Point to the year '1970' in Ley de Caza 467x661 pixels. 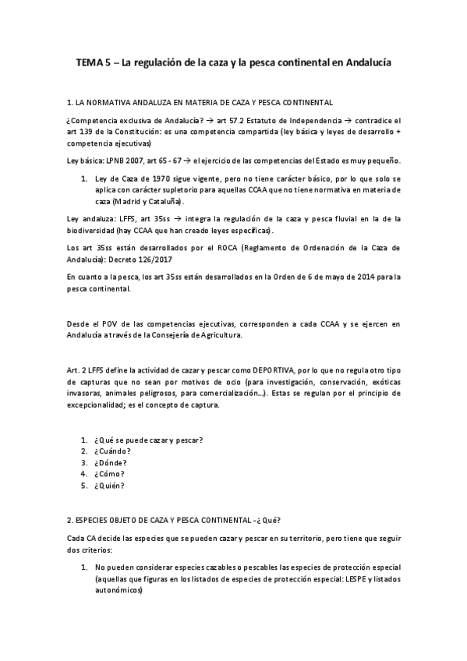click(x=150, y=179)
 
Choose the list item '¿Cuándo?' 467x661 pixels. click(x=111, y=451)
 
